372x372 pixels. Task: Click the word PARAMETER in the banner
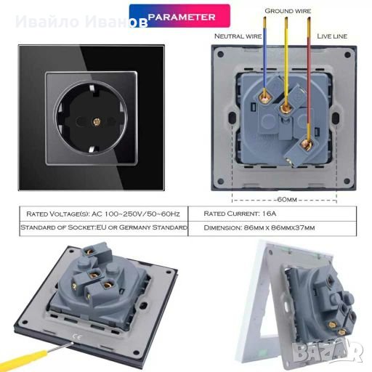[182, 17]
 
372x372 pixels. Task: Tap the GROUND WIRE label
[288, 11]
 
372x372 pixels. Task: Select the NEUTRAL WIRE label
[238, 36]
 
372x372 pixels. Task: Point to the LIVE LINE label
[332, 36]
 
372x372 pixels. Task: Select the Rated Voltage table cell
[103, 214]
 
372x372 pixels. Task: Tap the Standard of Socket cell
[104, 227]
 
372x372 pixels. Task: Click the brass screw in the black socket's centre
[97, 122]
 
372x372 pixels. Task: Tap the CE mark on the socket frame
[77, 336]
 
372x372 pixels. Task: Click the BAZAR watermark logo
[328, 352]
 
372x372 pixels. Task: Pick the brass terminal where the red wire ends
[306, 145]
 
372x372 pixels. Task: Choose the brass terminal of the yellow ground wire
[286, 108]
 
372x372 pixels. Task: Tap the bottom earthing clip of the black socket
[92, 149]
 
